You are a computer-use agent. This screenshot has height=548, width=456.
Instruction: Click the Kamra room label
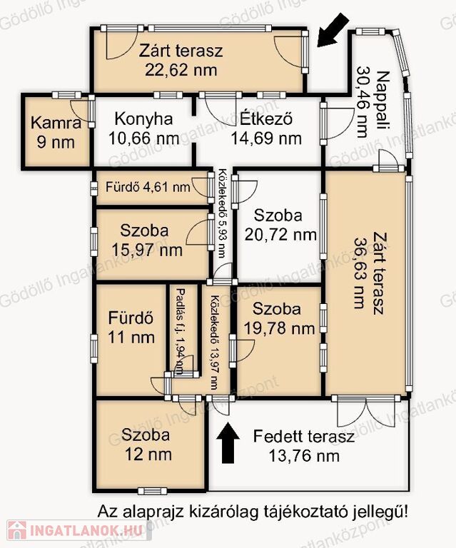tap(56, 123)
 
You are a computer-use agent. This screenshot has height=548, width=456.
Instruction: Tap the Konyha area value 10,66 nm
tap(144, 138)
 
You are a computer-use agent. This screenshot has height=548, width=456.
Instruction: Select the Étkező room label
tap(266, 119)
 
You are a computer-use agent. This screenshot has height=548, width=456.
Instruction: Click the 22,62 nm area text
tap(181, 70)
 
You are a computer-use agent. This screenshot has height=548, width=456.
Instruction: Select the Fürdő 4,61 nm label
tap(148, 187)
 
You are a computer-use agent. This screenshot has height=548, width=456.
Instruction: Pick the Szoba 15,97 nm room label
tap(147, 240)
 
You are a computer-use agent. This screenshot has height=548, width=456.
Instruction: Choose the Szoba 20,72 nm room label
tap(280, 225)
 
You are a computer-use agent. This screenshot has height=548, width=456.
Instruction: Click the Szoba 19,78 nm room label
tap(279, 318)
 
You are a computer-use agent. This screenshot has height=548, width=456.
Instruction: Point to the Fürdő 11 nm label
tap(131, 328)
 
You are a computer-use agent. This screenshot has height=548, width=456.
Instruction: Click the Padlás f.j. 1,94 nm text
tap(180, 331)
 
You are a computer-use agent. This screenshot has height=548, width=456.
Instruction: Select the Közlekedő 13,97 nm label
tap(214, 342)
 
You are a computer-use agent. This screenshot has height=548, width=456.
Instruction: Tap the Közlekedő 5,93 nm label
tap(221, 213)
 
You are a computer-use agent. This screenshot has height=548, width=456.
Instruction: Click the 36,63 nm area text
tap(360, 273)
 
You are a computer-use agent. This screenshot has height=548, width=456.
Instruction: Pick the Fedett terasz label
tap(303, 437)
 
